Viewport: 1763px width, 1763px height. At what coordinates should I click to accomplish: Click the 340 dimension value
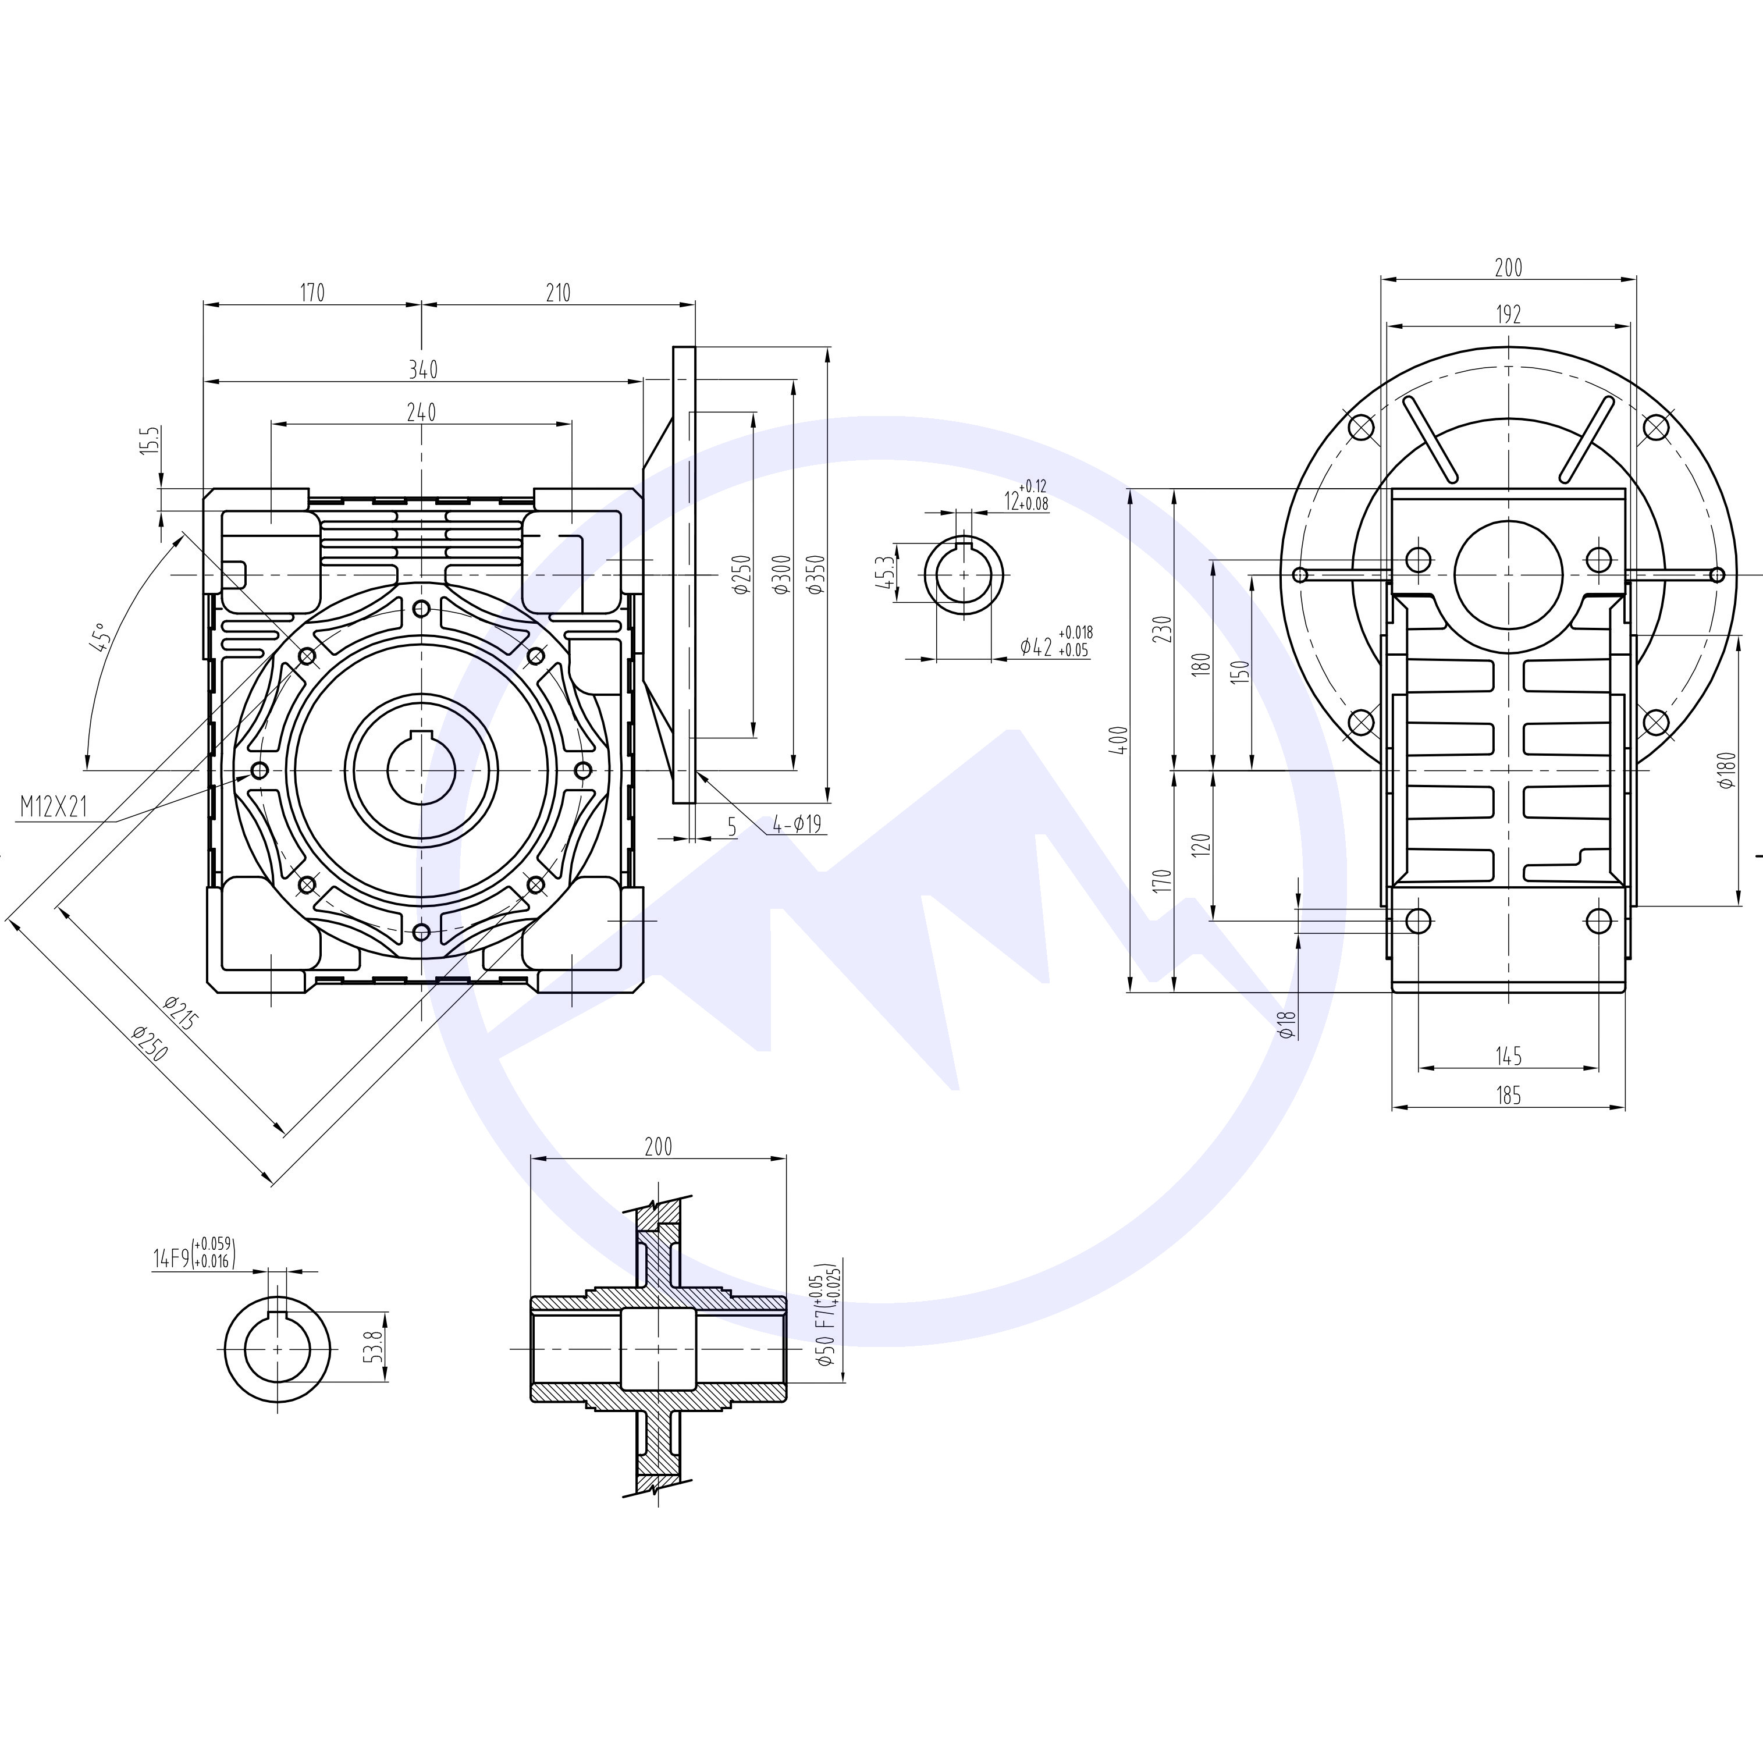tap(422, 369)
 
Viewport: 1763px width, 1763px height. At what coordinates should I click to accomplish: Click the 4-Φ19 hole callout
tap(797, 825)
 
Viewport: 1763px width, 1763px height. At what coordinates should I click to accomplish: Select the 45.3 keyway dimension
tap(883, 573)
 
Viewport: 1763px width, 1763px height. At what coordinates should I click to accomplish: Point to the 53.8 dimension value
tap(371, 1347)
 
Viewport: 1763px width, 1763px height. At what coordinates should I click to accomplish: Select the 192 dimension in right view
tap(1508, 314)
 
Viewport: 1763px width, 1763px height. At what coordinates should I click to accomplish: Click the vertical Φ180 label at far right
tap(1725, 769)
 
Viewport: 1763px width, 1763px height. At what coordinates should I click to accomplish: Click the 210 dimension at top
tap(557, 292)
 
